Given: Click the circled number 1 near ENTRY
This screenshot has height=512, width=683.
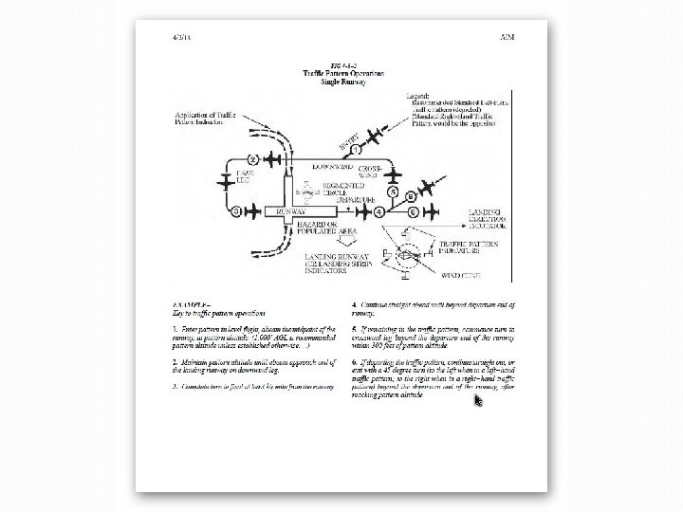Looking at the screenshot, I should coord(357,150).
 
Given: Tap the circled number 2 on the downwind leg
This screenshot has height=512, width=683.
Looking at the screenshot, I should coord(253,157).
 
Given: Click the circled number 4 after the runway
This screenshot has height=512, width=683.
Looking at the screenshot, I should coord(379,211).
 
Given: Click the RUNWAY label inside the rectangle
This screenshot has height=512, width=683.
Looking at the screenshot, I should coord(289,211).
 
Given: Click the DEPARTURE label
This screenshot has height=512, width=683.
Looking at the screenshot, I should coord(358,200).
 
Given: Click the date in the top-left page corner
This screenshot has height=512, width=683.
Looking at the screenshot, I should coord(180,37).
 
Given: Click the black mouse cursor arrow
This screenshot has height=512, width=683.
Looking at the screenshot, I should coord(479,400).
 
